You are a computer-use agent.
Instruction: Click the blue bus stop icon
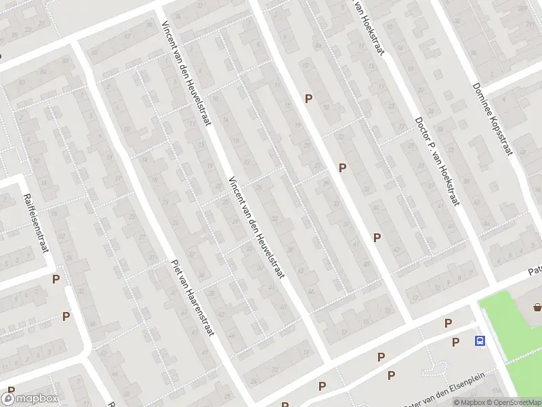pyautogui.click(x=480, y=341)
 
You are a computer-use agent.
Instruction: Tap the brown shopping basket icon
pyautogui.click(x=537, y=307)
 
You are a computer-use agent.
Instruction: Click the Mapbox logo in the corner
pyautogui.click(x=30, y=399)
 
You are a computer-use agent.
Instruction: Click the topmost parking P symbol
pyautogui.click(x=308, y=98)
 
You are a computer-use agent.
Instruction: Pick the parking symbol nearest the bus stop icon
pyautogui.click(x=455, y=342)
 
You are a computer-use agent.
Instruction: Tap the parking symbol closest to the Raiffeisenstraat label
pyautogui.click(x=56, y=279)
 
